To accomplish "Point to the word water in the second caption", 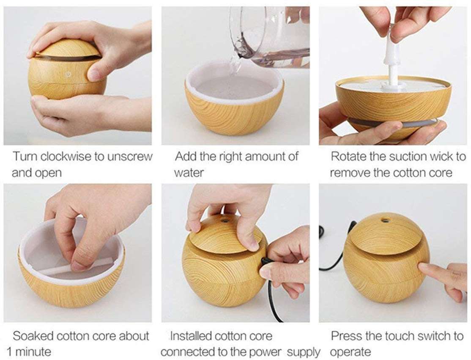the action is [189, 173].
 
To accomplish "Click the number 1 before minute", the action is [9, 352].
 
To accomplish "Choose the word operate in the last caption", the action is [351, 352].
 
